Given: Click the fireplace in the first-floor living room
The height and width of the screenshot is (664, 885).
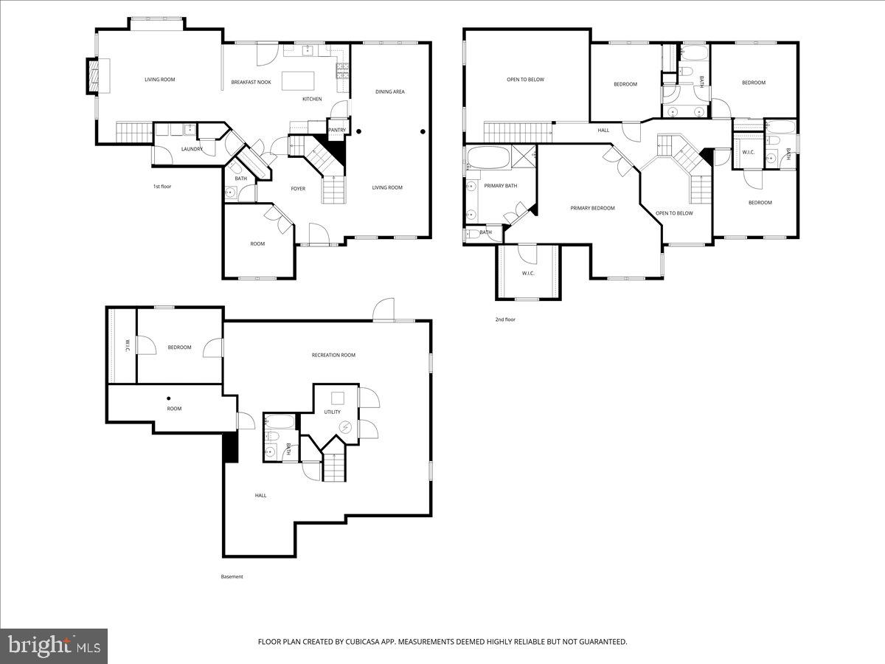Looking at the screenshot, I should pyautogui.click(x=93, y=75).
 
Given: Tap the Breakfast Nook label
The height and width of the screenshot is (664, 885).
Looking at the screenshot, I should pyautogui.click(x=251, y=82).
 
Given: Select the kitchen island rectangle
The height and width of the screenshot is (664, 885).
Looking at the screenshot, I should pyautogui.click(x=299, y=79).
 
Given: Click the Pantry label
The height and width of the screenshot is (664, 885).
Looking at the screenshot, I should pyautogui.click(x=337, y=130).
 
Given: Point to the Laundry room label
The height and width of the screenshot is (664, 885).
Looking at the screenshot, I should pyautogui.click(x=192, y=149).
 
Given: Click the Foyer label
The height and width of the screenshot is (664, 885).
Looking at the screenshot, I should pyautogui.click(x=298, y=189).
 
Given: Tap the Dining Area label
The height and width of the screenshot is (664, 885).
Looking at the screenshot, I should pyautogui.click(x=390, y=91).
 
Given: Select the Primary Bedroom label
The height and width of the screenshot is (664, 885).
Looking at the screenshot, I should pyautogui.click(x=592, y=208).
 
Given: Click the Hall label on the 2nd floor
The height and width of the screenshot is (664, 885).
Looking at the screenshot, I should pyautogui.click(x=603, y=130).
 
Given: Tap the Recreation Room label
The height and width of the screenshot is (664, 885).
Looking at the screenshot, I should pyautogui.click(x=333, y=355).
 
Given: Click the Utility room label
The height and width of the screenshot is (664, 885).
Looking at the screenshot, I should pyautogui.click(x=333, y=412).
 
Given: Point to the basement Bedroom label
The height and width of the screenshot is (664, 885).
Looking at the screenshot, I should pyautogui.click(x=179, y=347).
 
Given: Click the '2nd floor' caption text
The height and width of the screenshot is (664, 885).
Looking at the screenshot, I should pyautogui.click(x=505, y=319).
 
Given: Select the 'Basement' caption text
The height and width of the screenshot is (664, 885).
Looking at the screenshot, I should pyautogui.click(x=232, y=576).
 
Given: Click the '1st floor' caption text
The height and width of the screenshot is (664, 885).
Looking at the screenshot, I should pyautogui.click(x=162, y=186).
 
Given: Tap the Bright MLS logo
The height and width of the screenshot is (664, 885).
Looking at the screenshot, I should pyautogui.click(x=54, y=646).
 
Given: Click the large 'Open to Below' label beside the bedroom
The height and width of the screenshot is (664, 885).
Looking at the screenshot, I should pyautogui.click(x=525, y=79).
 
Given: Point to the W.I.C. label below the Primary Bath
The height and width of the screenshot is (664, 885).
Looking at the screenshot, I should pyautogui.click(x=527, y=274).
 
